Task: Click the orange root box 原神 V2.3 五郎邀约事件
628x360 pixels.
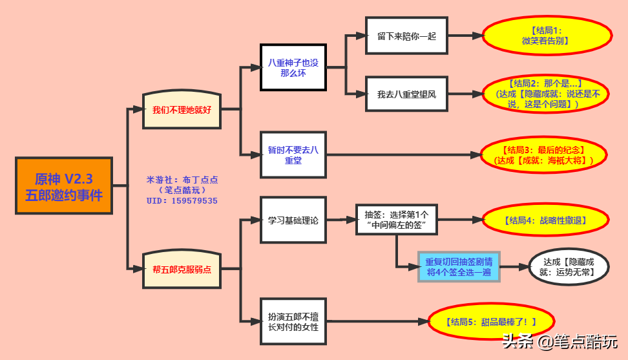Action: click(64, 186)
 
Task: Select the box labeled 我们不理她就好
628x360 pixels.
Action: click(182, 110)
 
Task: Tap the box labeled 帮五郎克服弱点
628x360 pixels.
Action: click(182, 269)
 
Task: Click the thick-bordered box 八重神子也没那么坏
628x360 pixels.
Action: click(293, 67)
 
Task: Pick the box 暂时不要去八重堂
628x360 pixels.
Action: click(293, 154)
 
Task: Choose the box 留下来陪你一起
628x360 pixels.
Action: click(406, 36)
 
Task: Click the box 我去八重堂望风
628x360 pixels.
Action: click(406, 94)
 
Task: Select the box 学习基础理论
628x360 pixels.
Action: click(293, 220)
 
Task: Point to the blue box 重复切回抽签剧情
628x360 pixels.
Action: click(459, 267)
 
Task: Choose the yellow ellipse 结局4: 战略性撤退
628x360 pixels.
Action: click(547, 220)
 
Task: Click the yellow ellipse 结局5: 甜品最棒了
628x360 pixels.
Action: click(491, 321)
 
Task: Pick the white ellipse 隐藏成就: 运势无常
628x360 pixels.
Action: click(569, 267)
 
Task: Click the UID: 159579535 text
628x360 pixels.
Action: click(182, 201)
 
